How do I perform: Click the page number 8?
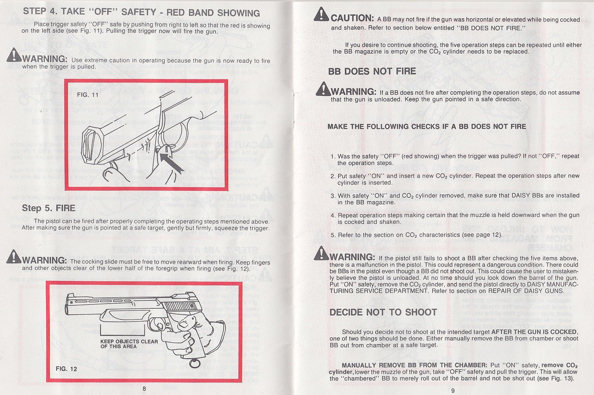click(x=144, y=389)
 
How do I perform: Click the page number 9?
click(x=453, y=391)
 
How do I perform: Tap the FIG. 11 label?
click(x=88, y=95)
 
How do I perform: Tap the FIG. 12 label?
click(x=66, y=369)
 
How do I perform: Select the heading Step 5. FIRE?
click(x=49, y=208)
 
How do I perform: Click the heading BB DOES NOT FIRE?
click(x=372, y=71)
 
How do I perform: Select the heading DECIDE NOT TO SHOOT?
click(x=383, y=312)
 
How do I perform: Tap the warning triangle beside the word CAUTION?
click(x=321, y=14)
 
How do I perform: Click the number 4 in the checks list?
click(x=333, y=216)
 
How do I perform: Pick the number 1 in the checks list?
click(x=333, y=156)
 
